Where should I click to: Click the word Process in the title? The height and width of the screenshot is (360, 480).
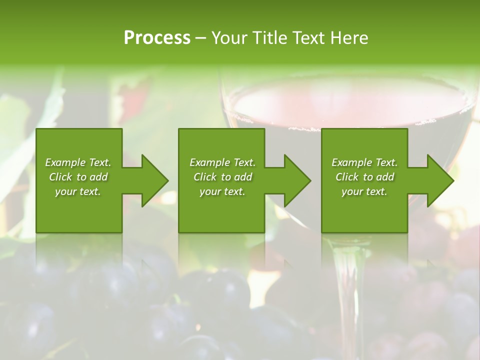pyautogui.click(x=157, y=38)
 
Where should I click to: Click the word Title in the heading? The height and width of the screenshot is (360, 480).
pyautogui.click(x=270, y=38)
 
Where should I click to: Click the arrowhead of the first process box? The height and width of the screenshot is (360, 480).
pyautogui.click(x=153, y=180)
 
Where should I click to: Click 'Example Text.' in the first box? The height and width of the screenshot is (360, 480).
pyautogui.click(x=78, y=162)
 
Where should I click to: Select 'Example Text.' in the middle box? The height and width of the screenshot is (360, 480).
pyautogui.click(x=222, y=162)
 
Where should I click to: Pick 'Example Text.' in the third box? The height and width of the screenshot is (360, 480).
pyautogui.click(x=364, y=162)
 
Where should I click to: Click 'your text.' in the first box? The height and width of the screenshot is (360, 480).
pyautogui.click(x=78, y=191)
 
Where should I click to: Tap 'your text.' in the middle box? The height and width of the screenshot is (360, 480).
pyautogui.click(x=222, y=191)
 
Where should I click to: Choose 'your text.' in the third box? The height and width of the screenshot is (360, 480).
pyautogui.click(x=364, y=191)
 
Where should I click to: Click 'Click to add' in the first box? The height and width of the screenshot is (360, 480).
pyautogui.click(x=78, y=177)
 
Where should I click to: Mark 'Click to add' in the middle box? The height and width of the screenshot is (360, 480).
pyautogui.click(x=222, y=177)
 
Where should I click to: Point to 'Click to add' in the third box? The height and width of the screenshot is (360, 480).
pyautogui.click(x=364, y=177)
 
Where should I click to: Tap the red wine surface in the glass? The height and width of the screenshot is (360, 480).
pyautogui.click(x=350, y=102)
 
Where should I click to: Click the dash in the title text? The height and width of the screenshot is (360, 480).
pyautogui.click(x=201, y=38)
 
